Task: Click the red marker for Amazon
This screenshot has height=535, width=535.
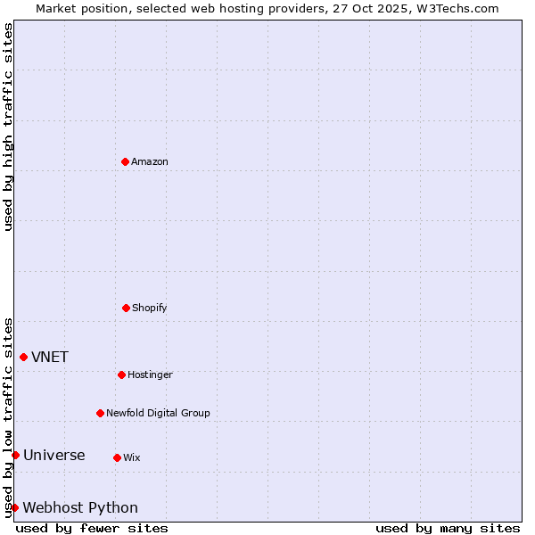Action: tap(125, 161)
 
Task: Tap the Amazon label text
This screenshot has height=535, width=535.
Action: tap(150, 162)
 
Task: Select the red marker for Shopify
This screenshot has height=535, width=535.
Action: tap(126, 308)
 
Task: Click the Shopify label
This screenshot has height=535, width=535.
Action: tap(150, 309)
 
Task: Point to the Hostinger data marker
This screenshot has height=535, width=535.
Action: tap(121, 374)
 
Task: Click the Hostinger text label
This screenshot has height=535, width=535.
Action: tap(150, 375)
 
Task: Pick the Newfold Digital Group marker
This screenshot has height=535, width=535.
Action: tap(100, 413)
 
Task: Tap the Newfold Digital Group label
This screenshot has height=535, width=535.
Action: tap(158, 414)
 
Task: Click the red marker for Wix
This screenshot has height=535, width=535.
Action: tap(117, 457)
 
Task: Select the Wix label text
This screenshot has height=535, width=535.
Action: tap(132, 458)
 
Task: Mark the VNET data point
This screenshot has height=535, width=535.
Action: tap(23, 357)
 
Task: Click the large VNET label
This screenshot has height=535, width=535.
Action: tap(50, 358)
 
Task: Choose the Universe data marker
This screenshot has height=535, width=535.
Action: tap(15, 455)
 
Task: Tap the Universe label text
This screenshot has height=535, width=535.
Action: tap(54, 456)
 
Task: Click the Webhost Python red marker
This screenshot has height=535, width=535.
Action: tap(14, 507)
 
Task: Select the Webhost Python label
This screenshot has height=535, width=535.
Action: tap(80, 508)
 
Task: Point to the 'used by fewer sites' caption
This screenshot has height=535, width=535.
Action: tap(92, 528)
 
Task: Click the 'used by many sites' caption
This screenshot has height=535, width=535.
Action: tap(448, 528)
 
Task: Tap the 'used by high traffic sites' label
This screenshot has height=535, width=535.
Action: tap(9, 127)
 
